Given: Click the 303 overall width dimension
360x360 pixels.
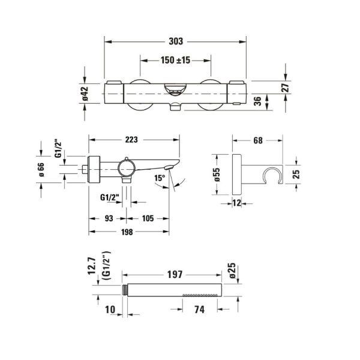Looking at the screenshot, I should tap(175, 41).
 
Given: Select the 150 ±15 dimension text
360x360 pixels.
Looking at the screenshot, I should tap(175, 60).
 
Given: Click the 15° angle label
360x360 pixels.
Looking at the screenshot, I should tap(159, 178).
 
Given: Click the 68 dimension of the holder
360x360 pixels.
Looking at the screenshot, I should tap(258, 140).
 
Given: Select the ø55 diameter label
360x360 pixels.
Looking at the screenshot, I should tap(217, 175).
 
